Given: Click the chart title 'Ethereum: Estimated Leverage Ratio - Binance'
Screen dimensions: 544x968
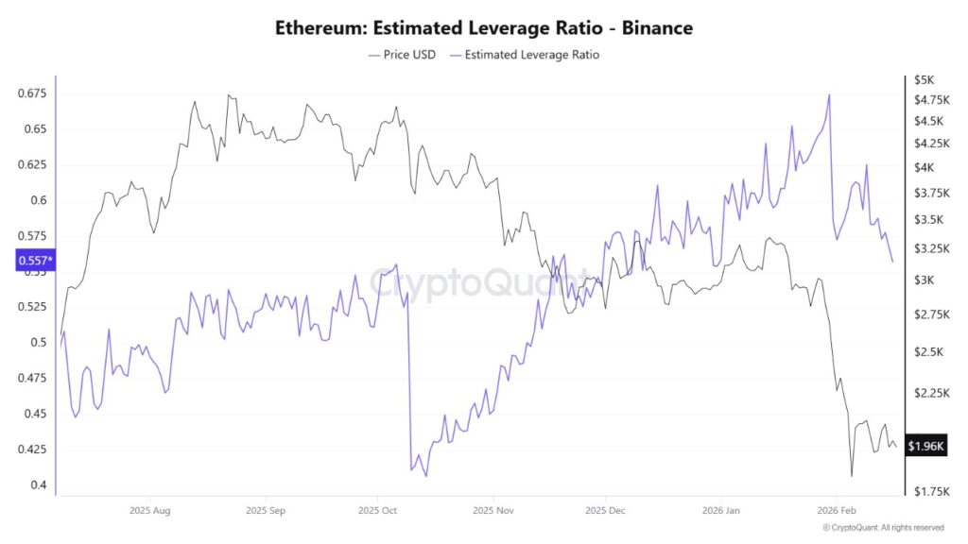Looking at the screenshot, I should click(x=484, y=27).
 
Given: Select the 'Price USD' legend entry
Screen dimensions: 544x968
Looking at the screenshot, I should click(x=402, y=55).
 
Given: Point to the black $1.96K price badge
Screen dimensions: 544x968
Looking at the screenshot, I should click(x=925, y=446).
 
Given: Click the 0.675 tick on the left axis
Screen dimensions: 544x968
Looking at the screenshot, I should click(x=32, y=93).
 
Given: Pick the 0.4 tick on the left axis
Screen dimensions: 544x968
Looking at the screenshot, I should click(x=39, y=484).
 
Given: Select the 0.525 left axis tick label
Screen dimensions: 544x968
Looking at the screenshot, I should click(x=32, y=307).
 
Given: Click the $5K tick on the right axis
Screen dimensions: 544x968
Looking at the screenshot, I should click(x=924, y=79).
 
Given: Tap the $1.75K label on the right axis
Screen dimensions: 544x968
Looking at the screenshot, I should click(x=927, y=491).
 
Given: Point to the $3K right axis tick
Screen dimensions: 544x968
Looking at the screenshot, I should click(x=924, y=280).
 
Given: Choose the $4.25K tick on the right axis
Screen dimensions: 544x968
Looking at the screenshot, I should click(x=927, y=144).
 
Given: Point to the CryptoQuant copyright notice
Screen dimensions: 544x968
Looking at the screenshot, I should click(x=883, y=528).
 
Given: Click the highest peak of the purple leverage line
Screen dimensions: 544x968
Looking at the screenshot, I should click(x=829, y=94).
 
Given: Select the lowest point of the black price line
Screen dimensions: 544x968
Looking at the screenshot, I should click(x=852, y=476).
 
